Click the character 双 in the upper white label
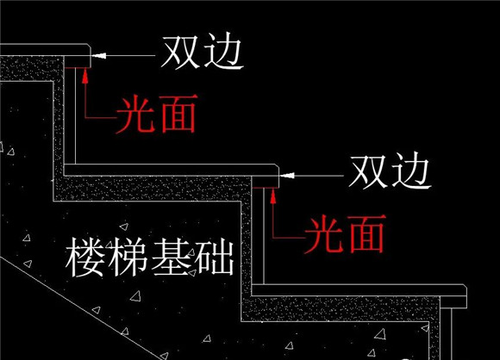[181, 52]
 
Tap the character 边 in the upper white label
[223, 52]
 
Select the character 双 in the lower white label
[369, 172]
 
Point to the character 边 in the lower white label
[411, 172]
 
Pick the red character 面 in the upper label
[178, 114]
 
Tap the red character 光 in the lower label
[324, 234]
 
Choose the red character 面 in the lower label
[366, 234]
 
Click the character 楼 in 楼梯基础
[84, 258]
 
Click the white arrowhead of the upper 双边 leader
[97, 55]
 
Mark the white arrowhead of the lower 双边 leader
[286, 175]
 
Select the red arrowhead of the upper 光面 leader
[85, 76]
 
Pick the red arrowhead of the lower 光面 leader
[273, 196]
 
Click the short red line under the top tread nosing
[77, 67]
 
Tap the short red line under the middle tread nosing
[265, 188]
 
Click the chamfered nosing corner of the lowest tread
[466, 287]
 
